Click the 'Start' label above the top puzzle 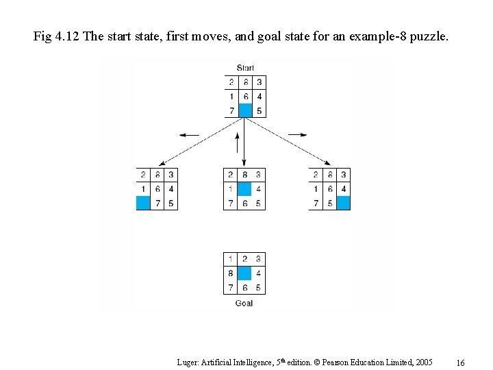(245, 68)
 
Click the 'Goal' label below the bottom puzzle (244, 303)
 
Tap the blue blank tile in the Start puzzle (245, 110)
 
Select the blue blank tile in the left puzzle (143, 203)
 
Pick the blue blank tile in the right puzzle (343, 203)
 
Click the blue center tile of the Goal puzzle (244, 273)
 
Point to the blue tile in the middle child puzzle (244, 188)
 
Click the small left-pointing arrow (190, 135)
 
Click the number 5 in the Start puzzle (259, 111)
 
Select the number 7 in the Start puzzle (231, 111)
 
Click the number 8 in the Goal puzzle (231, 273)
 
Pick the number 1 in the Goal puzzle (231, 259)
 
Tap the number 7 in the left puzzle (157, 203)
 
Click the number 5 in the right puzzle (329, 203)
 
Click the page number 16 (461, 362)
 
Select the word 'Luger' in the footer (187, 361)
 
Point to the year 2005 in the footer (422, 361)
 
